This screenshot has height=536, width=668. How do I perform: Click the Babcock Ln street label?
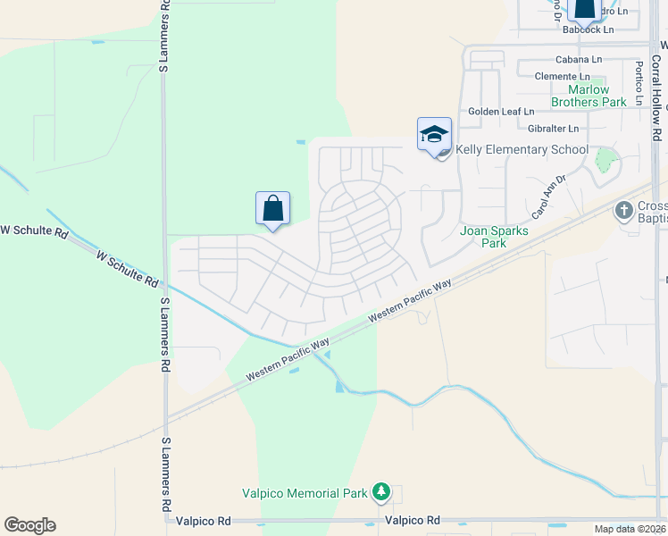(589, 29)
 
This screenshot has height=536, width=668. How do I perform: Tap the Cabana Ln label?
(579, 60)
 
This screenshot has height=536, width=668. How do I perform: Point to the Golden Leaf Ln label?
(502, 112)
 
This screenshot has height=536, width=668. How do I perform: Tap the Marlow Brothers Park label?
(589, 96)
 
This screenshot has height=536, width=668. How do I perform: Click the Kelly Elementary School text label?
(522, 149)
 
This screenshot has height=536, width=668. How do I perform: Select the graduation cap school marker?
(434, 135)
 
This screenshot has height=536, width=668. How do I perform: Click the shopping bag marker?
(272, 209)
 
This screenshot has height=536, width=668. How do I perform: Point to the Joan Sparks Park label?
(494, 237)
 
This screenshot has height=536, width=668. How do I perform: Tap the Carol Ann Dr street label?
(549, 197)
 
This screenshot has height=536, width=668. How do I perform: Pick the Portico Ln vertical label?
(639, 82)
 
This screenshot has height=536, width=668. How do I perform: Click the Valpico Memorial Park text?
(305, 493)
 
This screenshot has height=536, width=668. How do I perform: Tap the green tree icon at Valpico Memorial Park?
(381, 491)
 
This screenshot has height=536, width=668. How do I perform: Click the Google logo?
(29, 525)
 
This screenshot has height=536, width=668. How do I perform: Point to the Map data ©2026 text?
(630, 529)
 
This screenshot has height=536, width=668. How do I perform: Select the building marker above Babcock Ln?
(584, 8)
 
